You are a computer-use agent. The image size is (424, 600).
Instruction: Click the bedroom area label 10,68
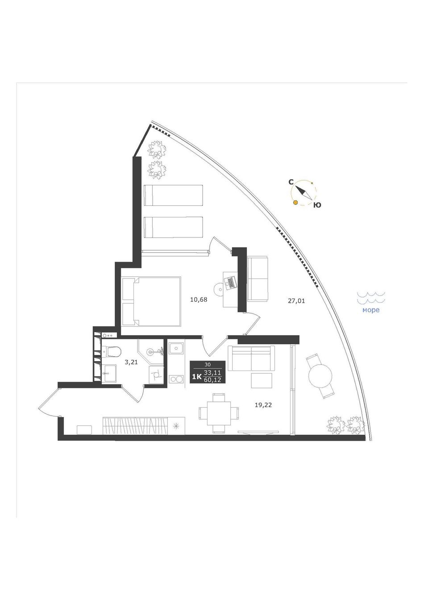tap(199, 300)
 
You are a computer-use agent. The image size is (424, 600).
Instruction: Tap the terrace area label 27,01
tap(296, 301)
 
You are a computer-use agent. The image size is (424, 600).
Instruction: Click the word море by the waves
tap(371, 310)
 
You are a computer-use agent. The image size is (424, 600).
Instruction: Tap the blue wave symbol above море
tap(371, 298)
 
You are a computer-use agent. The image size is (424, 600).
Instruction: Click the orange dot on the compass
tap(295, 203)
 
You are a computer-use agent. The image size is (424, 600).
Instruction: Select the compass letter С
tap(291, 182)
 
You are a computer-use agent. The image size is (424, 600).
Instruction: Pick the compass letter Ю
tap(317, 205)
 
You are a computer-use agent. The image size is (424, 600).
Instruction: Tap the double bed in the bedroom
tap(151, 302)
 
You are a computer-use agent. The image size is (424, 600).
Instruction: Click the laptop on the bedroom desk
tap(230, 282)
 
